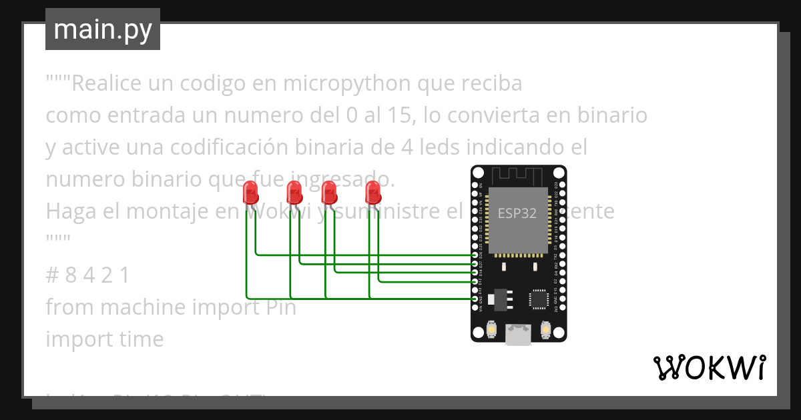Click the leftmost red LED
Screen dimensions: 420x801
(x=250, y=193)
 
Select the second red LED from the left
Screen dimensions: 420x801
(x=294, y=193)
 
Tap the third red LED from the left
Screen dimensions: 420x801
(x=328, y=193)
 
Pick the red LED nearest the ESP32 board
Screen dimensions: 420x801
(x=372, y=193)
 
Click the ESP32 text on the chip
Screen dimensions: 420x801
(x=517, y=213)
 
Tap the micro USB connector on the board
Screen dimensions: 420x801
(x=518, y=334)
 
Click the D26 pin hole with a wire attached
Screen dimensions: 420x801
(x=475, y=255)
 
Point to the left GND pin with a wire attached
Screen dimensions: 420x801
(x=475, y=299)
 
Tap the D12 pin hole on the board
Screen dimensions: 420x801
(x=475, y=281)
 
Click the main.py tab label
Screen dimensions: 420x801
(x=103, y=29)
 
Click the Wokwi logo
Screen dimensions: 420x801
(x=709, y=367)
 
